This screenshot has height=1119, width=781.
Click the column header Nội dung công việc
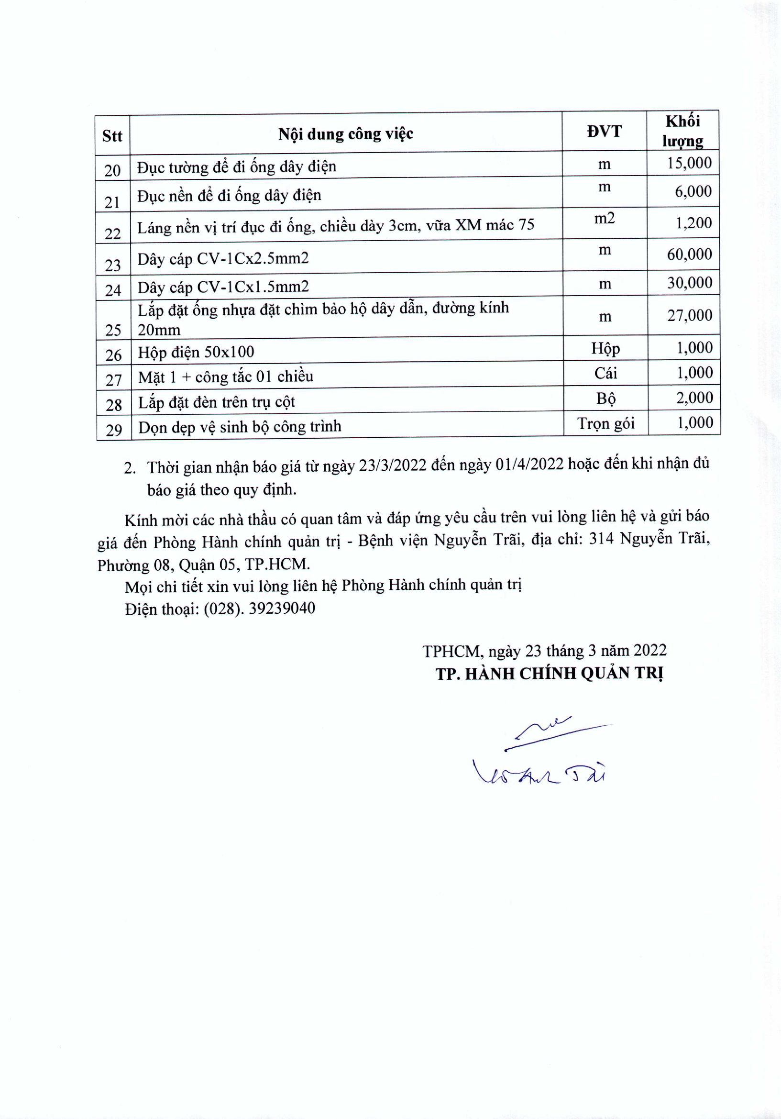pos(345,133)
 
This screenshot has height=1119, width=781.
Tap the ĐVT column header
pos(604,131)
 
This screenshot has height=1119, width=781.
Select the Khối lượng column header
pos(682,131)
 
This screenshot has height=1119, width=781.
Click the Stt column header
pos(112,135)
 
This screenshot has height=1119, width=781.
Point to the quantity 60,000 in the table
pos(689,254)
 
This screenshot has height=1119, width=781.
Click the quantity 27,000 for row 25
pos(689,315)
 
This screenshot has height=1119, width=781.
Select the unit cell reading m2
pos(604,218)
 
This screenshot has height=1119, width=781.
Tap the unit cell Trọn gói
pos(605,423)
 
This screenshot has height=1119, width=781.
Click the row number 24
pos(113,290)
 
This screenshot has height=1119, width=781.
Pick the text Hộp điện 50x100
pos(196,352)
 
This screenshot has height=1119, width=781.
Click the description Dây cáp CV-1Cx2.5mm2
pos(223,258)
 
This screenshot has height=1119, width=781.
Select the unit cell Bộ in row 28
pos(605,398)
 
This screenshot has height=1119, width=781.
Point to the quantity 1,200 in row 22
pos(693,223)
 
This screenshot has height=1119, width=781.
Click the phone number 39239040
pos(282,608)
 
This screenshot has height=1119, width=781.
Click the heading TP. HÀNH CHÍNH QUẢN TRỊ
pos(549,673)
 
